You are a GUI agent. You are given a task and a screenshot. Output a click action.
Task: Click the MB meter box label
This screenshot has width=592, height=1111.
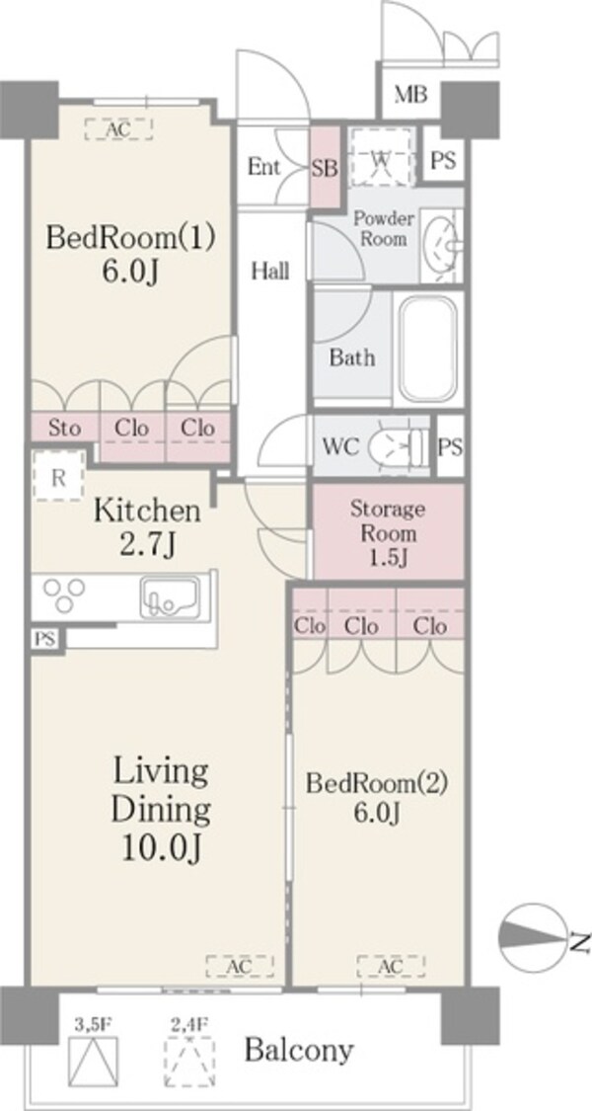click(410, 94)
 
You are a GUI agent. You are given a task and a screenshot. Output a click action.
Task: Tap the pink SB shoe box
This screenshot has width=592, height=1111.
click(325, 167)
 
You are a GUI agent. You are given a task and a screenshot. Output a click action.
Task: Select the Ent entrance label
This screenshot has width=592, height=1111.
click(263, 168)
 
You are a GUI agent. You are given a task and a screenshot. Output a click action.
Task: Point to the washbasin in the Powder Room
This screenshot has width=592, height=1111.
click(442, 245)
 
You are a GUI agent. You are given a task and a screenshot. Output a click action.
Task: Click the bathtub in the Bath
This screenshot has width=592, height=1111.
click(427, 350)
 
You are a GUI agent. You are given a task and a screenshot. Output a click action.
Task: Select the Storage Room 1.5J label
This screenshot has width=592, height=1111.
click(388, 532)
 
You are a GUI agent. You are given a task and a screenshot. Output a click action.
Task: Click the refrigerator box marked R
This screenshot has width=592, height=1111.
click(59, 476)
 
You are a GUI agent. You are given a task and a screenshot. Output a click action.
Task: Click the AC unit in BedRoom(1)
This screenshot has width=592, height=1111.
click(118, 128)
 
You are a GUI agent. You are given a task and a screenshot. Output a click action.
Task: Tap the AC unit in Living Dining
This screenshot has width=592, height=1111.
click(240, 966)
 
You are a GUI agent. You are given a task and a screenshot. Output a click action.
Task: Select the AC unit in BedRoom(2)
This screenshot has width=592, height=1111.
click(391, 966)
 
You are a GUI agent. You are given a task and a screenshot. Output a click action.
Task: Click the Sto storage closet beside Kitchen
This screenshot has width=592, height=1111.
click(64, 428)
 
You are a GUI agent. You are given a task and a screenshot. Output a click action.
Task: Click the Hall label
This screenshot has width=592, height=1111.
click(270, 270)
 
